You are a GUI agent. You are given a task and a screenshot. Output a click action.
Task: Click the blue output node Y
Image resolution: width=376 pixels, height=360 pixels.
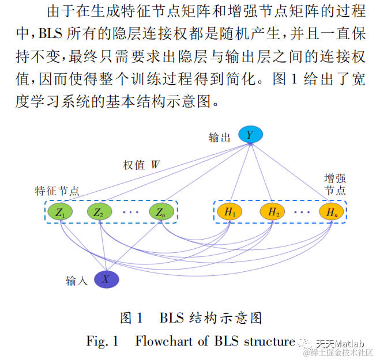tap(250, 135)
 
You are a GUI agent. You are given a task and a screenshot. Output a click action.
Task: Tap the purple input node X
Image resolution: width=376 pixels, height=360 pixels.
tap(106, 279)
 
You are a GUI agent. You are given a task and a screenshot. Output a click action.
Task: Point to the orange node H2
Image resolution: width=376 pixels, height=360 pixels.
tap(273, 212)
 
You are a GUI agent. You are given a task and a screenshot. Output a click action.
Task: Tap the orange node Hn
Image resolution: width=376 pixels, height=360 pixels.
tap(332, 212)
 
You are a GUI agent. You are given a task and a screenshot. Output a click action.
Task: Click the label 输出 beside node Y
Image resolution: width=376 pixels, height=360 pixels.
tap(220, 138)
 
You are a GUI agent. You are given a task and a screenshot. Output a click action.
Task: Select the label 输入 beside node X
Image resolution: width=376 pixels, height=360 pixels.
tap(77, 281)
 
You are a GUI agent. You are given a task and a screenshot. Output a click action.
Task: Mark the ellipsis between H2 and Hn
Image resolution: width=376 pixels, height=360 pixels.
tap(302, 213)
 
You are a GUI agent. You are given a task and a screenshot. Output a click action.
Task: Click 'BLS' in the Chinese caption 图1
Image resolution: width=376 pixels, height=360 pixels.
tap(172, 317)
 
